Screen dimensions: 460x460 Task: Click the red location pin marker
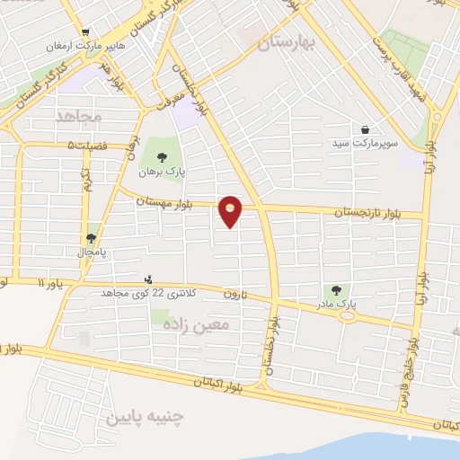pyautogui.click(x=231, y=211)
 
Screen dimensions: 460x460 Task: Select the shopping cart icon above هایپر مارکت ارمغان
pyautogui.click(x=84, y=30)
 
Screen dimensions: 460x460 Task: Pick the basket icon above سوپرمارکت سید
pyautogui.click(x=365, y=128)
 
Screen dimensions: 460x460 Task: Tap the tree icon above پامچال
pyautogui.click(x=90, y=238)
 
